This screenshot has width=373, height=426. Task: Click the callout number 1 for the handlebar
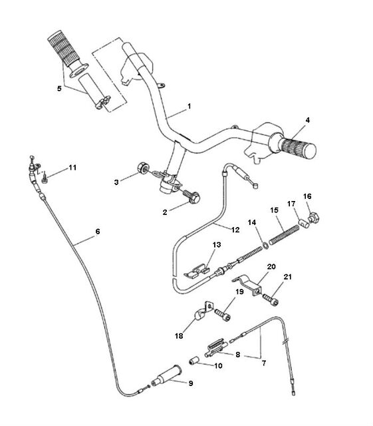pyautogui.click(x=189, y=106)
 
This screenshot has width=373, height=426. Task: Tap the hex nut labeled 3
pyautogui.click(x=142, y=167)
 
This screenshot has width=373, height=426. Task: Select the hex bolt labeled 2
pyautogui.click(x=191, y=197)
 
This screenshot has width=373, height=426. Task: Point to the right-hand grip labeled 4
pyautogui.click(x=298, y=148)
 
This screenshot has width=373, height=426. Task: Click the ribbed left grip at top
pyautogui.click(x=64, y=49)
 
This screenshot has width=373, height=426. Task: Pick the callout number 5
pyautogui.click(x=59, y=89)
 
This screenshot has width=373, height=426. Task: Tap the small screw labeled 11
pyautogui.click(x=45, y=179)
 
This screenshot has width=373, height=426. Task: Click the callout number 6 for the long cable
pyautogui.click(x=98, y=232)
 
